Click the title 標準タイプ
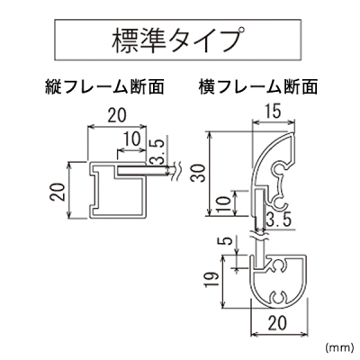click(177, 40)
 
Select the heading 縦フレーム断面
click(104, 87)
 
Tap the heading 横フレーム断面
click(258, 87)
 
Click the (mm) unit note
click(337, 347)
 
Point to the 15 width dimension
click(273, 112)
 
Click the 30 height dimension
click(200, 173)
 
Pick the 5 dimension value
click(228, 240)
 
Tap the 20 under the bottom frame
click(278, 323)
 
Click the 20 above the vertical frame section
click(117, 115)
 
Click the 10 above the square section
click(131, 139)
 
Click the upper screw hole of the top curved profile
click(280, 169)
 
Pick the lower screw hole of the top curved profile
click(280, 202)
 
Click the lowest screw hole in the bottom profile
click(279, 298)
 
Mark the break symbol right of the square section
click(176, 171)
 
